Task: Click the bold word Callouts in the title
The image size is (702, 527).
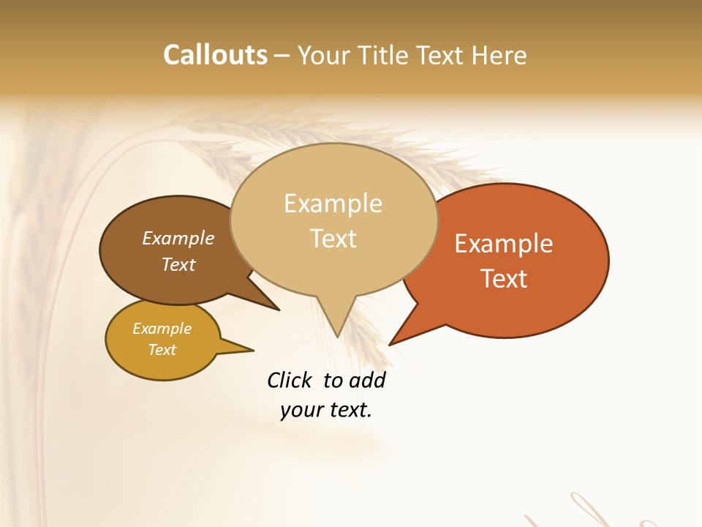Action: [215, 55]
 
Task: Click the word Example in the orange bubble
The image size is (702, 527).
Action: [504, 244]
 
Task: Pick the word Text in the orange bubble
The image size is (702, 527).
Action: [504, 279]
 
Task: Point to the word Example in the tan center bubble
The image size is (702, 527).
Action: [333, 203]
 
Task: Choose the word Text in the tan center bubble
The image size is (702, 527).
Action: [333, 239]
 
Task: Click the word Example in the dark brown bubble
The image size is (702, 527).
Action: [178, 238]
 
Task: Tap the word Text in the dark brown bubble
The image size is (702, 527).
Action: [178, 264]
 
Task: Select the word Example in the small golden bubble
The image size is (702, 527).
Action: [162, 329]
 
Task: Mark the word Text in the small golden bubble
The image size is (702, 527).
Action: [162, 350]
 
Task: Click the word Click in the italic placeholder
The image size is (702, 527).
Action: [290, 380]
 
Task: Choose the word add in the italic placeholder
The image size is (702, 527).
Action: [367, 380]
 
